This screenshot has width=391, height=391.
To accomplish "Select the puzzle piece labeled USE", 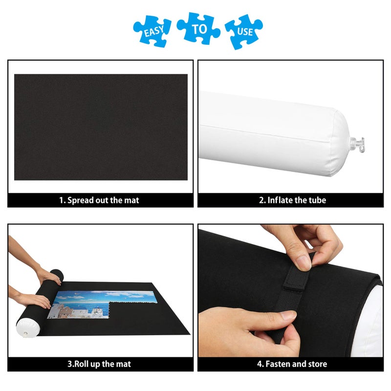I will pyautogui.click(x=244, y=31).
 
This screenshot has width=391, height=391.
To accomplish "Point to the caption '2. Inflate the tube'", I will pyautogui.click(x=292, y=200).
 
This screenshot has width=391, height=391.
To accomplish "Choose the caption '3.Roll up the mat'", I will pyautogui.click(x=99, y=364).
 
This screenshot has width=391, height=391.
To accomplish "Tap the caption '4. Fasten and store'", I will pyautogui.click(x=292, y=364).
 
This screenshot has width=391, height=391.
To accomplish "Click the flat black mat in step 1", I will pyautogui.click(x=101, y=127).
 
